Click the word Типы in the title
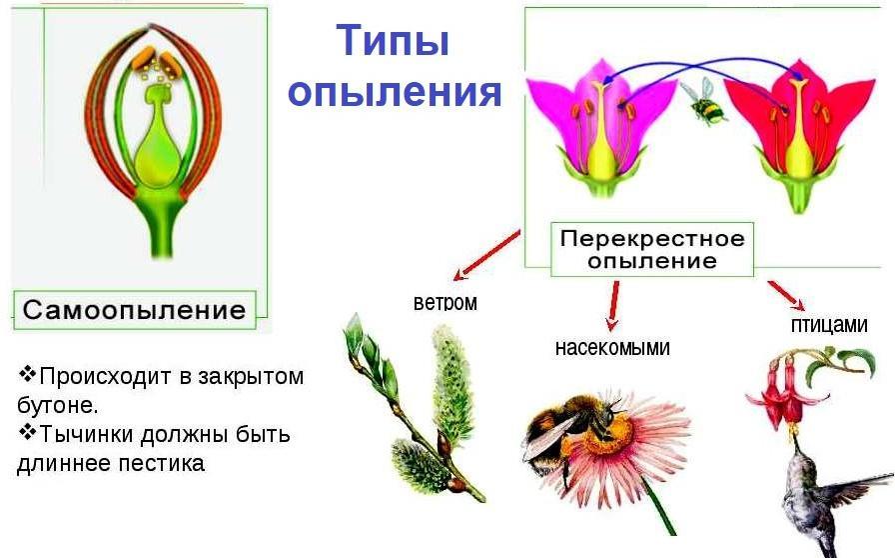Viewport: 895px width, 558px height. [393, 41]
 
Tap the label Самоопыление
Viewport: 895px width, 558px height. [134, 310]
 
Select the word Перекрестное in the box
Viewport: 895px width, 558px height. [652, 238]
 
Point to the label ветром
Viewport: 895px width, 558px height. [446, 302]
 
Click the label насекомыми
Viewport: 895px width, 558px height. [612, 348]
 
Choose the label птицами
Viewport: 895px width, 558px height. [829, 325]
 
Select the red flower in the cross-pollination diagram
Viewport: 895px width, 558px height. [799, 137]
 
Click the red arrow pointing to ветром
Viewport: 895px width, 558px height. [486, 255]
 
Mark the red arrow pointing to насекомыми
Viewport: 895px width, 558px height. [614, 306]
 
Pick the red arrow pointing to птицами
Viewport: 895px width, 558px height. [786, 295]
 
